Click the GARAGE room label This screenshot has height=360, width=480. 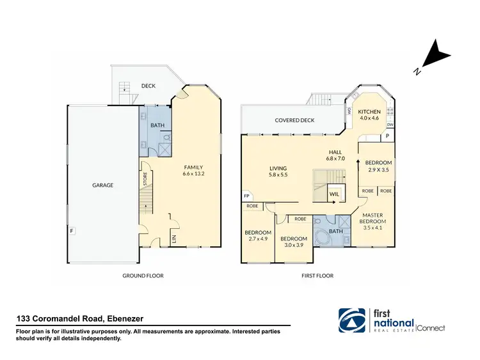(x=102, y=185)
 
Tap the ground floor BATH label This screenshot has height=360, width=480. (x=157, y=126)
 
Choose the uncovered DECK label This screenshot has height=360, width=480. (x=148, y=86)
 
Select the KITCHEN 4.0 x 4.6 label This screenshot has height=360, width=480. (x=369, y=115)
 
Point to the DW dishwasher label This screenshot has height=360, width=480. (x=390, y=125)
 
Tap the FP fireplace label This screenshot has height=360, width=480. (x=246, y=196)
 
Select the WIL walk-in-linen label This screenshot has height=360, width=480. (x=333, y=192)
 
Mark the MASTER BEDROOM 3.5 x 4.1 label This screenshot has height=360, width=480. (x=376, y=221)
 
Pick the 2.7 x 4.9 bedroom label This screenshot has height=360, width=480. (x=258, y=236)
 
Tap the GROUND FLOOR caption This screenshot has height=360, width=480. (x=143, y=276)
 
